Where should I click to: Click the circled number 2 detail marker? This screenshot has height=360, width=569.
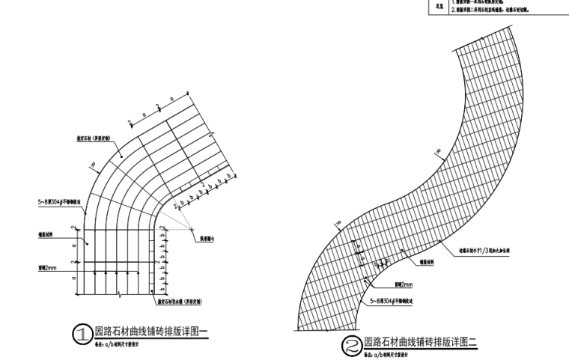(350, 346)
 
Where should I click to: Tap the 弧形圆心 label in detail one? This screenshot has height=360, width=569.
(210, 240)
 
